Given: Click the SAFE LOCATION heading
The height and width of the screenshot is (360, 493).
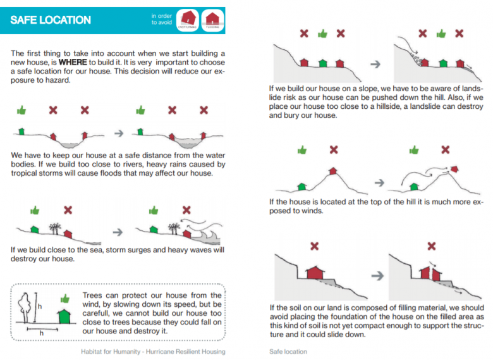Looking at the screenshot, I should pos(51,20).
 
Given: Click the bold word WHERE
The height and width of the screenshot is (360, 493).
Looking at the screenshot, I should pos(73,63).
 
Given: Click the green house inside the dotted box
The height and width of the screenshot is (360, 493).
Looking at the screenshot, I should pos(63,314).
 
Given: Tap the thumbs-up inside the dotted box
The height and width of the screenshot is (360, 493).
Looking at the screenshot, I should pos(64,297).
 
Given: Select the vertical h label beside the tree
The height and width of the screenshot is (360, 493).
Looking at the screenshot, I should pos(39,307).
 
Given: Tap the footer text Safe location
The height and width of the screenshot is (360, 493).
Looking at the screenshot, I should pos(288,351).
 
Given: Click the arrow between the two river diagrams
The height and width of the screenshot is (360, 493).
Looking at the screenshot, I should pos(118,133).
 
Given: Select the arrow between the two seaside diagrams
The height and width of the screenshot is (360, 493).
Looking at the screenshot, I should pos(118,232).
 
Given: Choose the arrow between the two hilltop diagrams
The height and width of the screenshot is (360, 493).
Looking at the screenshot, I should pos(378,182).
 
